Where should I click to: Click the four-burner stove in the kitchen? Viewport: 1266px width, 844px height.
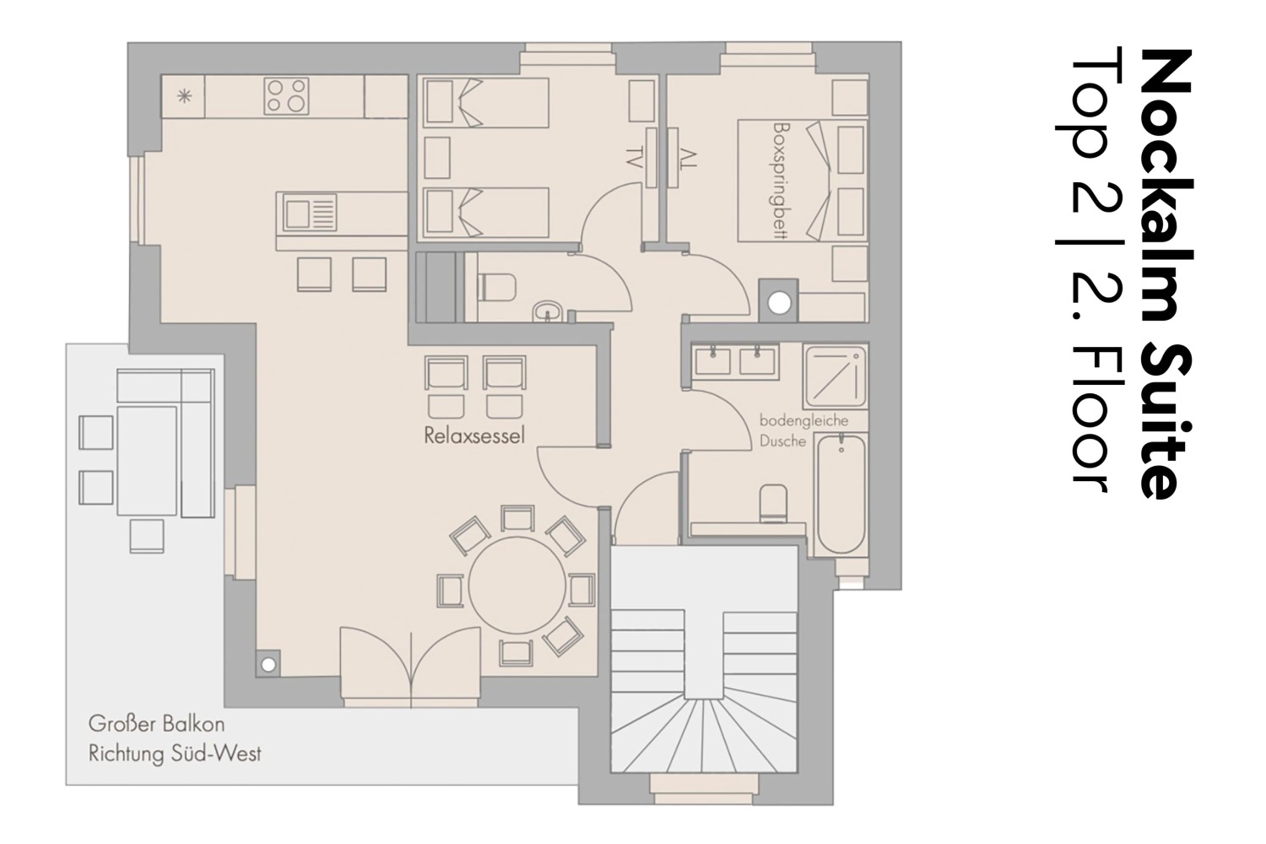287,95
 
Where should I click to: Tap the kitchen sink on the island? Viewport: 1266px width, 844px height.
310,214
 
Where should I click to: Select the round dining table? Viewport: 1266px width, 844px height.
517,585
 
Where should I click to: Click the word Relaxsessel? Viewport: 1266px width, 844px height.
474,436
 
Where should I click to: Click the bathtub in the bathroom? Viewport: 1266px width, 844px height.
841,494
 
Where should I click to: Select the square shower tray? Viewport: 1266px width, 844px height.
836,376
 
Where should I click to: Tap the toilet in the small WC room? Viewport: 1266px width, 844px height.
497,287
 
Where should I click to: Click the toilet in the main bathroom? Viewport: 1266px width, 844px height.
773,502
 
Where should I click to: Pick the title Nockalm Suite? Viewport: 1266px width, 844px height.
1166,274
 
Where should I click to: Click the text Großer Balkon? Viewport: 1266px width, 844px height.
156,724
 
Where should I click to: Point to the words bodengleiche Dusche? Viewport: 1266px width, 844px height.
803,430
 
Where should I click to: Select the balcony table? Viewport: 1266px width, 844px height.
147,460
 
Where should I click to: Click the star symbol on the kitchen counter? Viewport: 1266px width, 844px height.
184,97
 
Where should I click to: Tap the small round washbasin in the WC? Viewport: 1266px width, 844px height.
547,311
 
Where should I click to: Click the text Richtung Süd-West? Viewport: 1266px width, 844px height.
175,755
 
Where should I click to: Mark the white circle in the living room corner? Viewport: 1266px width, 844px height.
268,665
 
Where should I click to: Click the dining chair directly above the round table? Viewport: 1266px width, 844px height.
517,518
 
